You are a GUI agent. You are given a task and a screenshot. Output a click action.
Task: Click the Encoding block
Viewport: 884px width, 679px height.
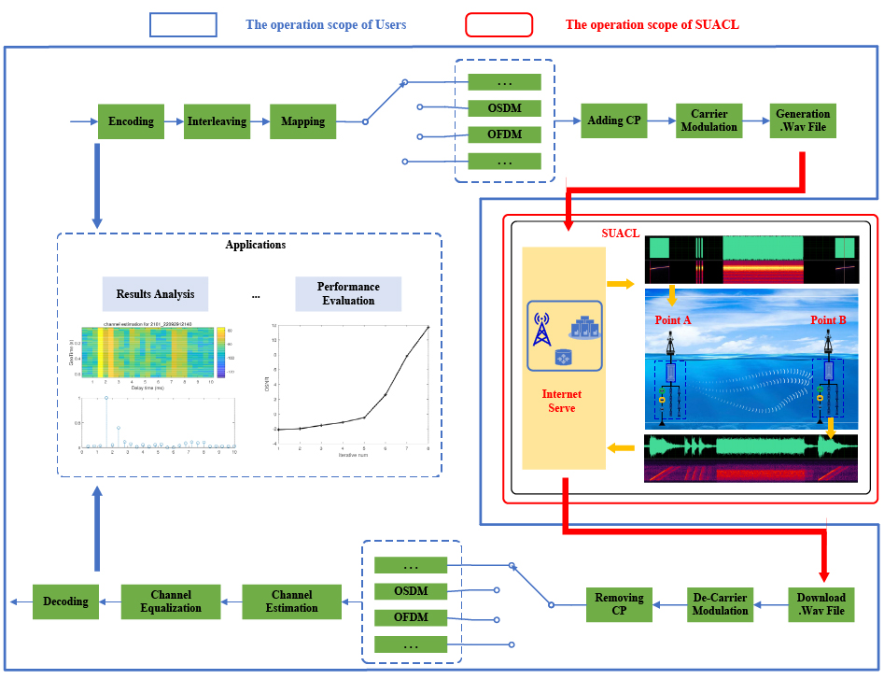(131, 121)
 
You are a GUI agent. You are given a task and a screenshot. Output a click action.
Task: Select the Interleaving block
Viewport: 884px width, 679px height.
(217, 121)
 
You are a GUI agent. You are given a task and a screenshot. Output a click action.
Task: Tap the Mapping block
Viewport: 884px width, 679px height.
(302, 121)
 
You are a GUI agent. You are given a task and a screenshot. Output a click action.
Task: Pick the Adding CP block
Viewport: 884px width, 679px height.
(612, 120)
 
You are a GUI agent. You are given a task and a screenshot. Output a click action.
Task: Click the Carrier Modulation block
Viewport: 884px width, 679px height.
(709, 120)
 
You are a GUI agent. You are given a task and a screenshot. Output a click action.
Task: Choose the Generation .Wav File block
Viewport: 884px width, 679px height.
(802, 120)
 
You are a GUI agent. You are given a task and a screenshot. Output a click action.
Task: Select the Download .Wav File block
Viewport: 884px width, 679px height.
(821, 604)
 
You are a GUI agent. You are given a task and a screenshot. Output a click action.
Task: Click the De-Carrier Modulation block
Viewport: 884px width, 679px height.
(720, 604)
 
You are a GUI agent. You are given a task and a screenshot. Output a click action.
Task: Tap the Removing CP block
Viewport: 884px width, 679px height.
(619, 604)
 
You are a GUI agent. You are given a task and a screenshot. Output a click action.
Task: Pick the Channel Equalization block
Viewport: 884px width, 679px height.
(170, 601)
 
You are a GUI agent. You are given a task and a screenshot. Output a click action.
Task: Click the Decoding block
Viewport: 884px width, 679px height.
(65, 601)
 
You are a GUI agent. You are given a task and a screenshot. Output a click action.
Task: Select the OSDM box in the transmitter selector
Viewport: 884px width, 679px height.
(504, 107)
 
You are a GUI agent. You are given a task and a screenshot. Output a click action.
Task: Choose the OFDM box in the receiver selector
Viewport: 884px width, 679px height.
(411, 617)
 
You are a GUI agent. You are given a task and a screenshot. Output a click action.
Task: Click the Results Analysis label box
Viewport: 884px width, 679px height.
(155, 294)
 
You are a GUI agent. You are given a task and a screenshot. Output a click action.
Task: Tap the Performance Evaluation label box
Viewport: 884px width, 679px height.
(347, 293)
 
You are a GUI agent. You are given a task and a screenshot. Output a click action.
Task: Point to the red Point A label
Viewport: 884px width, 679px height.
(674, 320)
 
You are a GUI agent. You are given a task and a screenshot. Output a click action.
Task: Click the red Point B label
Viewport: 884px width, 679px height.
(828, 320)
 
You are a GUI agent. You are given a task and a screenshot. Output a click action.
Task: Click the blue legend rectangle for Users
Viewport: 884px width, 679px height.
(183, 24)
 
